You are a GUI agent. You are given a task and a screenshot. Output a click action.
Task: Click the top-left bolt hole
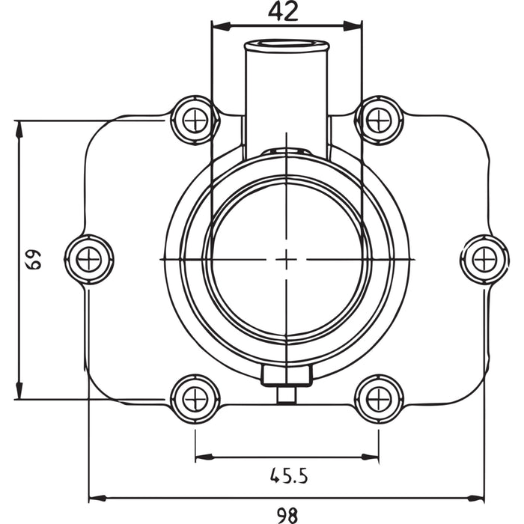coord(195,120)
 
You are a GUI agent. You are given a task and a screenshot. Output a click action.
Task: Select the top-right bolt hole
coord(379,120)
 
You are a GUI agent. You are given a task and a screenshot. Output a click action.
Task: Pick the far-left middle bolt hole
coord(89,259)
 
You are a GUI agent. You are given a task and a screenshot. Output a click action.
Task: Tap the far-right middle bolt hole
coord(484,259)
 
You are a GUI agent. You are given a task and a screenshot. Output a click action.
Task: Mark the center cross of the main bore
coord(287,259)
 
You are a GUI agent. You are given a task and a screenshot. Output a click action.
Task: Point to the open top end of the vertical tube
coord(287,46)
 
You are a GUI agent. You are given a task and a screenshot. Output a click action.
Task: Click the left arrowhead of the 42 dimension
coord(217,26)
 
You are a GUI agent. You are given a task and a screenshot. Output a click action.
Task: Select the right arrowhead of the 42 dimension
coord(357,26)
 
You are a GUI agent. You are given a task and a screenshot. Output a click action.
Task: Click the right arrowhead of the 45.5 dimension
coord(374,456)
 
